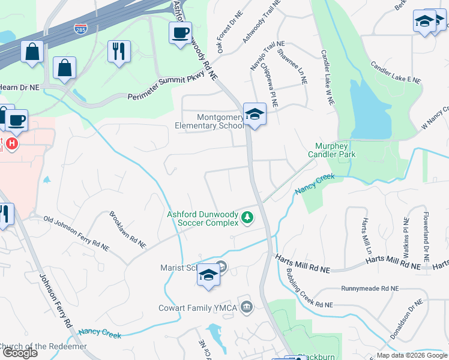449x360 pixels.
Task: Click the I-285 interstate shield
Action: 79,28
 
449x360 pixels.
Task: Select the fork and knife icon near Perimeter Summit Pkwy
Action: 119,51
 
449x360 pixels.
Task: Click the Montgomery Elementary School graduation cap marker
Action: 255,114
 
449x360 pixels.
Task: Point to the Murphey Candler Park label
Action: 332,150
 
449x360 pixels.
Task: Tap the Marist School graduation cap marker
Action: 208,275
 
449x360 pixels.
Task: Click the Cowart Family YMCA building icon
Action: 246,308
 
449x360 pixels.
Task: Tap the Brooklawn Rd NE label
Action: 127,229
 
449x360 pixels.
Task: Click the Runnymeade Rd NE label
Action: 369,289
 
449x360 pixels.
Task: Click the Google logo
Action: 20,353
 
